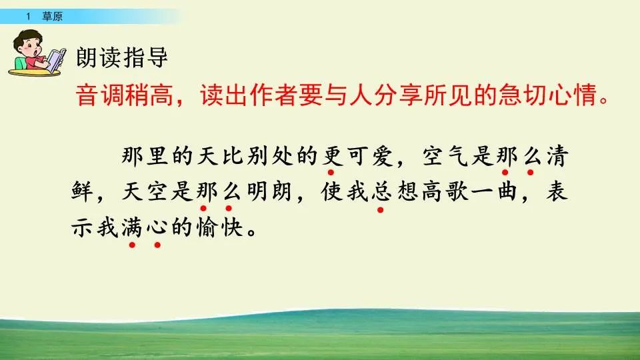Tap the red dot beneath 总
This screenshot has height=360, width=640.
coord(381,209)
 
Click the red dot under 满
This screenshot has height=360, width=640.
coord(133,245)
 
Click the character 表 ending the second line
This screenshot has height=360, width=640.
coord(557,193)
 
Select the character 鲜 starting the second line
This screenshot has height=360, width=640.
coord(83,193)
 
